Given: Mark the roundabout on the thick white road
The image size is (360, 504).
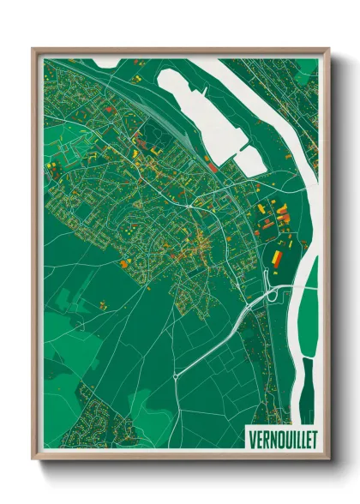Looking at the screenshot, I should pos(175,375).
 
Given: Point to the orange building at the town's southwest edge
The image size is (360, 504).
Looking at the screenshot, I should pos(126,263).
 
